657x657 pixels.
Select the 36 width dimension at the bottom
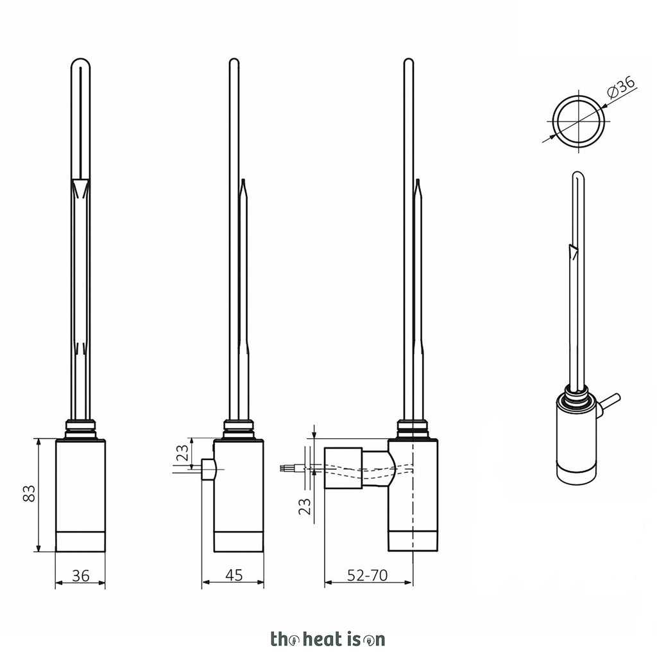pyautogui.click(x=80, y=576)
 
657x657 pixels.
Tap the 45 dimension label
pyautogui.click(x=234, y=576)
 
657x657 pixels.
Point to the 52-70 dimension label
pyautogui.click(x=368, y=576)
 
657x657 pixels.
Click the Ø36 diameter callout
pyautogui.click(x=621, y=87)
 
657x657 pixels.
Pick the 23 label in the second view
pyautogui.click(x=182, y=452)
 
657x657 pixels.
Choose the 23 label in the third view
pyautogui.click(x=305, y=506)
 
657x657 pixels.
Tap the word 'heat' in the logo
pyautogui.click(x=322, y=640)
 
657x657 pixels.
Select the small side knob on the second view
pyautogui.click(x=209, y=469)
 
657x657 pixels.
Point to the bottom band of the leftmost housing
pyautogui.click(x=80, y=542)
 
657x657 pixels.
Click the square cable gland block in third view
pyautogui.click(x=343, y=468)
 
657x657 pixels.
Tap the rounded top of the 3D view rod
pyautogui.click(x=578, y=175)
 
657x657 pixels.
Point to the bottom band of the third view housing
pyautogui.click(x=413, y=541)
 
